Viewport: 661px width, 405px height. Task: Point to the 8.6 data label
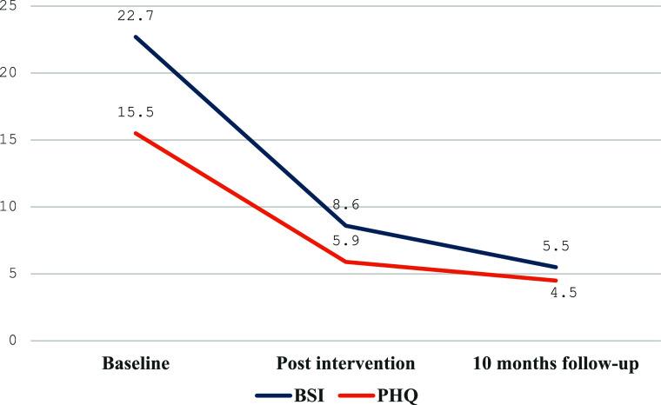345,205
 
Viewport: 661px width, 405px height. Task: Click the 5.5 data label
556,245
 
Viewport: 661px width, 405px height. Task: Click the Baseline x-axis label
135,363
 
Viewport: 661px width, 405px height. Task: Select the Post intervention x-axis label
345,363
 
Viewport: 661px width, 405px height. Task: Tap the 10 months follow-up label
556,363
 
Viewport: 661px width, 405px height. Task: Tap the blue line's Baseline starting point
135,37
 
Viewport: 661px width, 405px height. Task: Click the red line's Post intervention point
345,262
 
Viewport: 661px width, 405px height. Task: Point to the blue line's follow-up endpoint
556,267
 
